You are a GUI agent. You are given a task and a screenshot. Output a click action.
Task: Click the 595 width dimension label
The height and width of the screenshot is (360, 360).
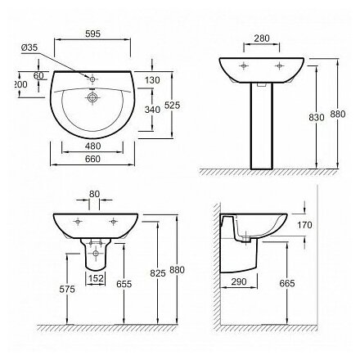pos(92,34)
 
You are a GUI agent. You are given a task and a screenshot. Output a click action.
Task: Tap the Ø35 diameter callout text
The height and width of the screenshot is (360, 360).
pos(29,47)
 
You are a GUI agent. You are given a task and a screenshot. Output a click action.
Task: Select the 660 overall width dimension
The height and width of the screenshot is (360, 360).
pos(92,159)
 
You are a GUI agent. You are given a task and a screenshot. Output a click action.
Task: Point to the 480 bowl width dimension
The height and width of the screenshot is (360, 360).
pos(92,146)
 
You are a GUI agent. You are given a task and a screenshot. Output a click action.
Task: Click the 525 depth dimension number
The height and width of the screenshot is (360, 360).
pos(173,105)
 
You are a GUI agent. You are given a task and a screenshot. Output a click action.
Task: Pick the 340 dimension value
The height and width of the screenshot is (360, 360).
pos(152,110)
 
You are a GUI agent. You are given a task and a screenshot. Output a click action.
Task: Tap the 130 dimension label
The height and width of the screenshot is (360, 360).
pos(152,80)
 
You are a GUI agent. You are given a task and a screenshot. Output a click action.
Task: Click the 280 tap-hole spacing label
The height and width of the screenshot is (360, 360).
pos(262,38)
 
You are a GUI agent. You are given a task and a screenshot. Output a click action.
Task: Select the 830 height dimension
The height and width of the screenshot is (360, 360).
pos(317,118)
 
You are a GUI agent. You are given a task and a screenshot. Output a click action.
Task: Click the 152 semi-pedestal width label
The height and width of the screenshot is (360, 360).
pos(96,278)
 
